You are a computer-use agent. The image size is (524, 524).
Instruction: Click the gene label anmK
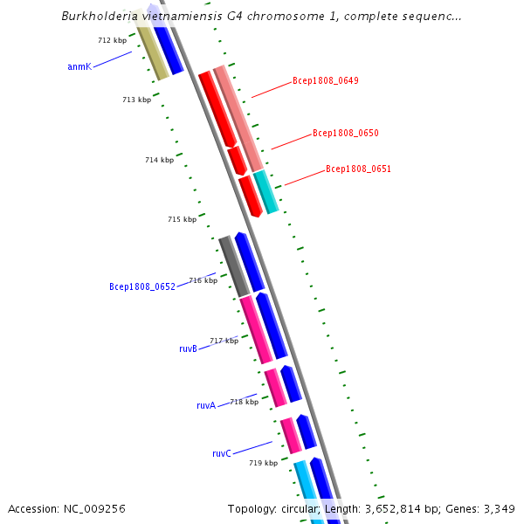(x=79, y=66)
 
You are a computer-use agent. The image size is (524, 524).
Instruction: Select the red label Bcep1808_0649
(x=326, y=80)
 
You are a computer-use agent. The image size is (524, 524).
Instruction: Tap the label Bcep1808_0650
(x=346, y=134)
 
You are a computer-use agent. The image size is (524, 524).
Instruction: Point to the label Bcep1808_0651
(x=358, y=169)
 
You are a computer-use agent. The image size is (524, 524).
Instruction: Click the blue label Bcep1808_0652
(x=142, y=286)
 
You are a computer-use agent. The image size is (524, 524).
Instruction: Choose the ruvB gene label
(x=188, y=348)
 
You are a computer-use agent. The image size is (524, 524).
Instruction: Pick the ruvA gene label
(x=206, y=405)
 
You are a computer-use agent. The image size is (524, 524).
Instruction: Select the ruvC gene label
(x=222, y=453)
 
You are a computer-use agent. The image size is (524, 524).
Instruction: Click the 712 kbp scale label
(x=112, y=40)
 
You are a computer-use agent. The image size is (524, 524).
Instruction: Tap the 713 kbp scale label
(x=136, y=100)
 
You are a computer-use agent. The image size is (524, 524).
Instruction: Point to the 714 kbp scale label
(x=159, y=160)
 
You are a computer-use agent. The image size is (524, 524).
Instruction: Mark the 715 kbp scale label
(x=182, y=219)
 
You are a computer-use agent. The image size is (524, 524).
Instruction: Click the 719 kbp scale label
(x=263, y=463)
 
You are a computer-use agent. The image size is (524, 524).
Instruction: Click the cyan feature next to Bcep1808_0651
(x=265, y=192)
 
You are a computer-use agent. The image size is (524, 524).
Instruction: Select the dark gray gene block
(x=234, y=266)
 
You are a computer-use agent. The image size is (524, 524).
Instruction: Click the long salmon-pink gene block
(x=238, y=118)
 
